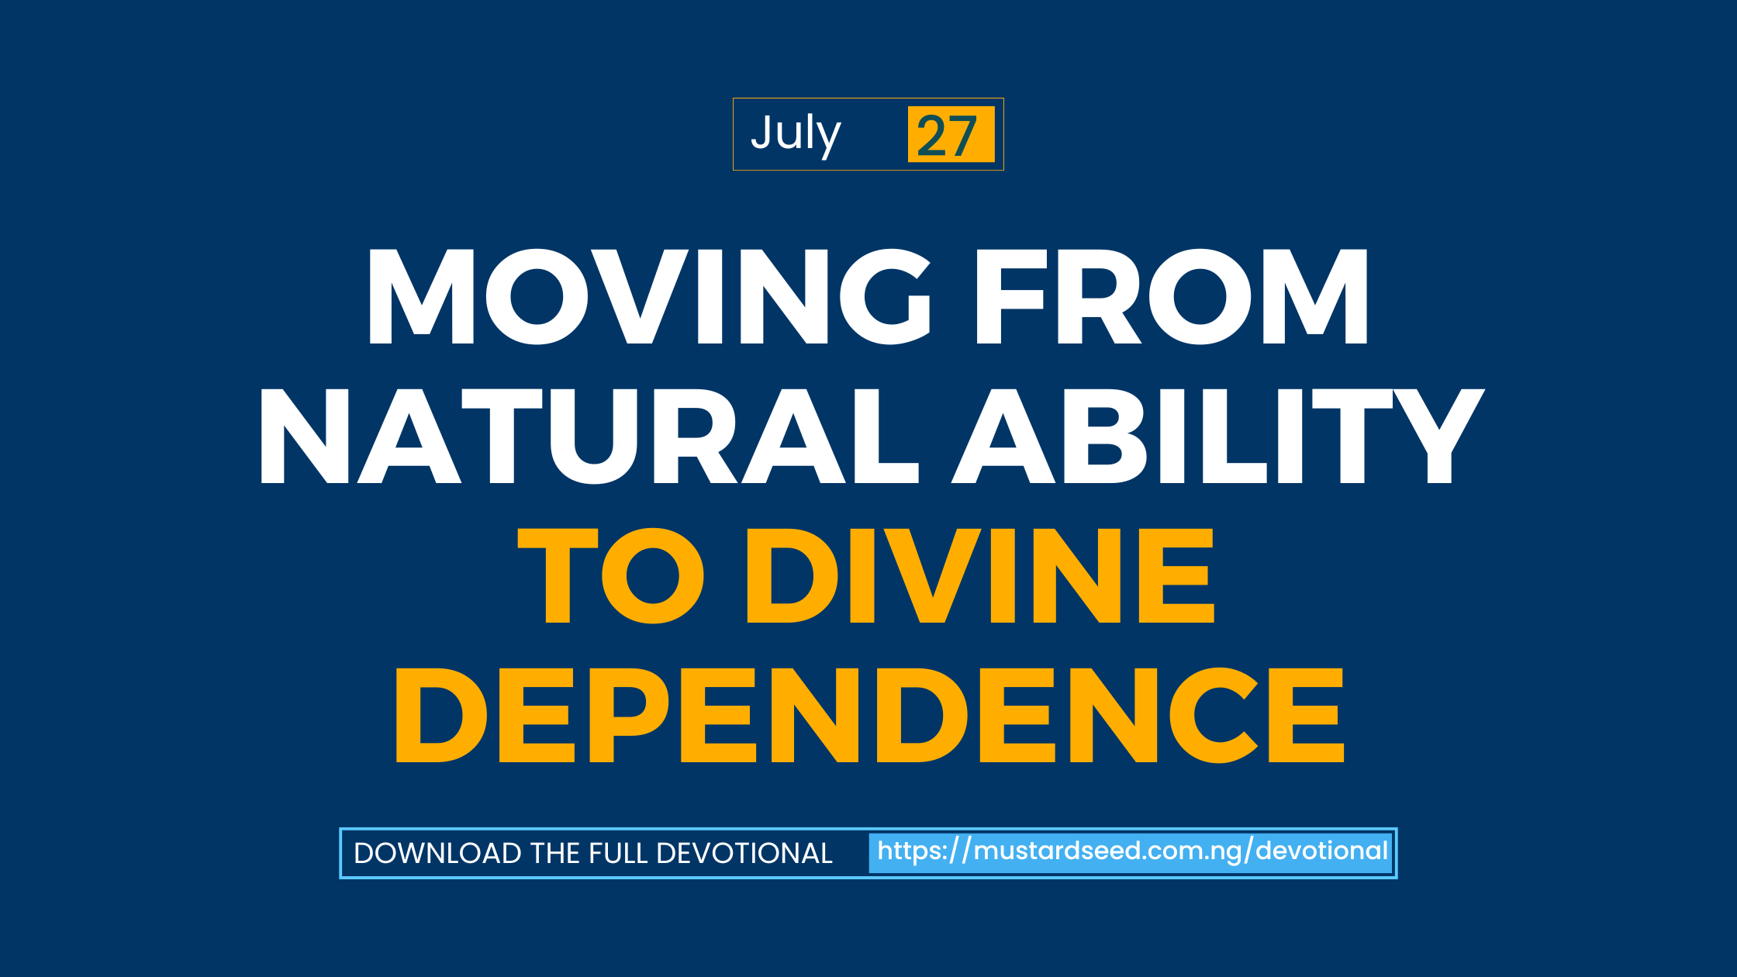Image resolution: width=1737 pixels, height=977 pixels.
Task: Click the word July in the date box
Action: [796, 135]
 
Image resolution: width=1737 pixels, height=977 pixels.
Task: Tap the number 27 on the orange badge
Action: [947, 136]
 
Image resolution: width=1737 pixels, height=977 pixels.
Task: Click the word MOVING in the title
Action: [650, 296]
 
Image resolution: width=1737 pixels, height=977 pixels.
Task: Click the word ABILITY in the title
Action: [1218, 436]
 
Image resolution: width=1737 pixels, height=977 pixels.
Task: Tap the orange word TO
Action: [611, 575]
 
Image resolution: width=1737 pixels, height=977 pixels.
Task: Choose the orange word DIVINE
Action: [980, 575]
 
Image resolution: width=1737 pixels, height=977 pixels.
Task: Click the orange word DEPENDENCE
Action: [869, 715]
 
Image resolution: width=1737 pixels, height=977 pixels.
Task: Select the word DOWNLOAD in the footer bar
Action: [437, 853]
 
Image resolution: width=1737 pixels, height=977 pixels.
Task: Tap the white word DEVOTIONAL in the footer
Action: [744, 853]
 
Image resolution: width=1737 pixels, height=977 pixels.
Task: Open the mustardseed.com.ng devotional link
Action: [1132, 851]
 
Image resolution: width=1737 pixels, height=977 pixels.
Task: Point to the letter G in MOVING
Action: [886, 296]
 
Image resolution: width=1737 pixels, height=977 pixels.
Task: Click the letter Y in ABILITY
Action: [1439, 436]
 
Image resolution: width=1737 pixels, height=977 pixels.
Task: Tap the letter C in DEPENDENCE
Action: [1213, 715]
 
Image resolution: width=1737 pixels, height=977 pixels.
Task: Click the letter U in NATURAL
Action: [594, 437]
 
